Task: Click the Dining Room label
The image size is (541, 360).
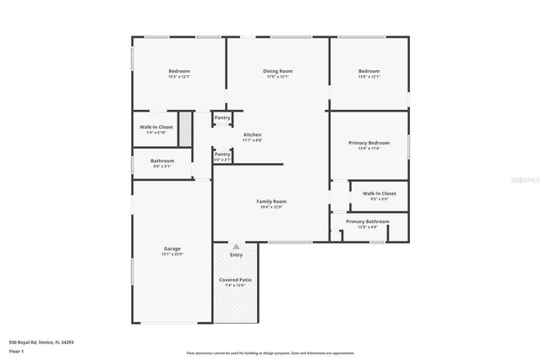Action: tap(277, 71)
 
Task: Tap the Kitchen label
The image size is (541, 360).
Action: tap(252, 135)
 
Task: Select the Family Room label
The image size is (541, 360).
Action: tap(271, 201)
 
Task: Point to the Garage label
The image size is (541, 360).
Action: tap(172, 248)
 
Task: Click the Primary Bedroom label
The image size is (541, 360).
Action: tap(369, 143)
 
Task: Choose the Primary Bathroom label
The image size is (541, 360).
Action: tap(368, 221)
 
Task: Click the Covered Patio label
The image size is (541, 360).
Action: tap(235, 280)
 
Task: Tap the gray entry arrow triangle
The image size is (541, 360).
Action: tap(236, 247)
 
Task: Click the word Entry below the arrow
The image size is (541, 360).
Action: tap(236, 254)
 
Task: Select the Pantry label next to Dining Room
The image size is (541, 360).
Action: tap(221, 117)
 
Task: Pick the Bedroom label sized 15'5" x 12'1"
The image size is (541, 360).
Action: tap(179, 71)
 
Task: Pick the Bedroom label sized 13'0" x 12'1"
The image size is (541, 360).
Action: tap(369, 71)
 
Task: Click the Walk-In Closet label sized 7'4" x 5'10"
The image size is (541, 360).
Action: tap(156, 127)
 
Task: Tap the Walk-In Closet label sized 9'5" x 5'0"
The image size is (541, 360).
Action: tap(379, 194)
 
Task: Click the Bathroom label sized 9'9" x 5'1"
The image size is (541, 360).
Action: tap(162, 161)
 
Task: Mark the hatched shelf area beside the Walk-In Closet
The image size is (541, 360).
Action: tap(186, 131)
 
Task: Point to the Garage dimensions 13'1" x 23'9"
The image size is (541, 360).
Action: tap(172, 254)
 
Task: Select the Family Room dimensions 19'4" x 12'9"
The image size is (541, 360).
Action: tap(271, 207)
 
